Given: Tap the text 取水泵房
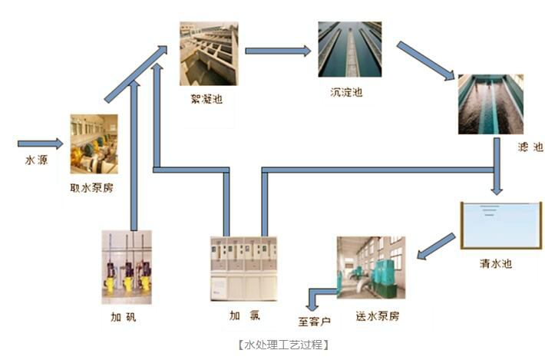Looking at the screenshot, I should (92, 187).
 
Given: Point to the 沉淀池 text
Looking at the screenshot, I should (346, 92).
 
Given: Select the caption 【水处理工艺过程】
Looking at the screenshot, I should (283, 345).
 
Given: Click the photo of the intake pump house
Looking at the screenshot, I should (94, 144).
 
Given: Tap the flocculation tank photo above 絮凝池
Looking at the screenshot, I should (209, 54).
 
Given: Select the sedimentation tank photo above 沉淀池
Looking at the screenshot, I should (350, 49).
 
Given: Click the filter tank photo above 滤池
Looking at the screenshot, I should (490, 104).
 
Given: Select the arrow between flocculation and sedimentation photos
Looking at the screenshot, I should (277, 51).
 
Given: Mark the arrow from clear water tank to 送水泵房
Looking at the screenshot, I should (436, 246).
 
